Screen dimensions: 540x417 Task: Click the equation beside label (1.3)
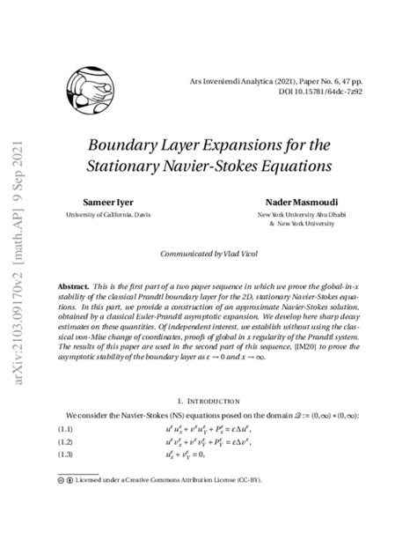click(x=191, y=455)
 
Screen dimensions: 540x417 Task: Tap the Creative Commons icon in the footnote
click(x=59, y=481)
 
